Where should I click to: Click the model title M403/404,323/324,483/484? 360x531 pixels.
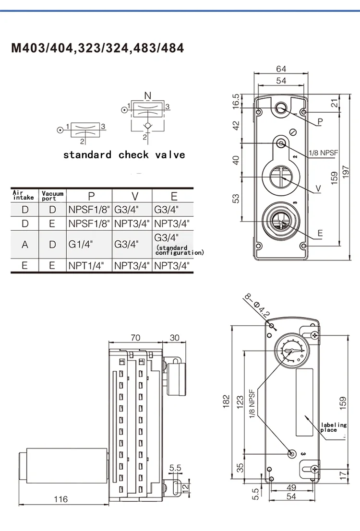click(x=97, y=48)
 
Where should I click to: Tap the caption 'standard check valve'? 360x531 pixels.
click(x=124, y=154)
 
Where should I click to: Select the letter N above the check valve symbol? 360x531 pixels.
click(x=147, y=95)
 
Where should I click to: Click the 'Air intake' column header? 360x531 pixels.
click(x=23, y=195)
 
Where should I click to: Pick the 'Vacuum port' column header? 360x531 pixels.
click(x=52, y=196)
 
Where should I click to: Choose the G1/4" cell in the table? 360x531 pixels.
click(x=80, y=244)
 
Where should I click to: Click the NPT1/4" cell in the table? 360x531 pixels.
click(x=86, y=266)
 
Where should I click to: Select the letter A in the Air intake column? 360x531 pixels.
click(x=25, y=245)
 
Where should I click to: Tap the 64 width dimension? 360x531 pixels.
click(x=281, y=69)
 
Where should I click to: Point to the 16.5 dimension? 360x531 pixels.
click(x=236, y=101)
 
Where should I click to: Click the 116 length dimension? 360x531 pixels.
click(x=60, y=499)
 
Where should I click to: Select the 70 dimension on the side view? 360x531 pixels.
click(x=135, y=338)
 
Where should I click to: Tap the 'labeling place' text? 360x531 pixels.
click(x=333, y=427)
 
